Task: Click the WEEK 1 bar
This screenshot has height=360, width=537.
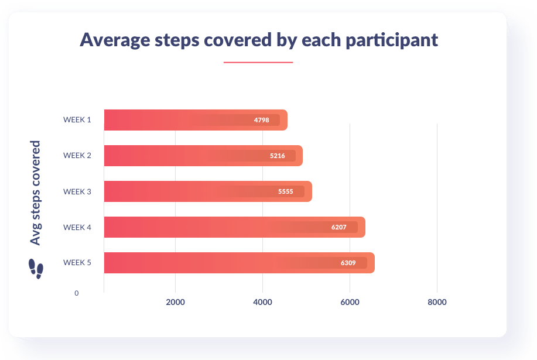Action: [x=196, y=120]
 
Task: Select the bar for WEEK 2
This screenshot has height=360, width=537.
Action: [x=203, y=156]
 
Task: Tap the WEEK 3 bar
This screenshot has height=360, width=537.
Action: [x=208, y=191]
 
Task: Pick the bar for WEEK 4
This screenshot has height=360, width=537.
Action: [x=235, y=227]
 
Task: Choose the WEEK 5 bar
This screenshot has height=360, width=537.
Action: [x=240, y=263]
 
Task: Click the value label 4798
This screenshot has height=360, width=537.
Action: [x=261, y=120]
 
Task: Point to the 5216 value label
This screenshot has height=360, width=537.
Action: [x=278, y=156]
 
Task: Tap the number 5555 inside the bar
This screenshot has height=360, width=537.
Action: [x=286, y=191]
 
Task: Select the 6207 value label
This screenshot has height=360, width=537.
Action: [x=338, y=227]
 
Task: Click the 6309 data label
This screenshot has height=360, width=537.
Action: [x=348, y=263]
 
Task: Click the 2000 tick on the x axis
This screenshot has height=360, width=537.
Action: [x=175, y=302]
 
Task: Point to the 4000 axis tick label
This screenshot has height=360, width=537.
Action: [x=263, y=302]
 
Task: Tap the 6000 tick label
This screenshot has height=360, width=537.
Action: [x=350, y=302]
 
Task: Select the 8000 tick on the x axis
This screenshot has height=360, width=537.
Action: [x=437, y=302]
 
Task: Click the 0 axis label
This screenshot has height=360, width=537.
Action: [x=76, y=293]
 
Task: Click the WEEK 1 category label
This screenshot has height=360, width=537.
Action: [x=77, y=120]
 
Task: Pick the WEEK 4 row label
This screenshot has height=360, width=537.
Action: [x=77, y=227]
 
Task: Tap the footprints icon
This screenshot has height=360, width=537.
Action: [x=36, y=269]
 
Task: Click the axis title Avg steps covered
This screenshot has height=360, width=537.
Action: [x=35, y=193]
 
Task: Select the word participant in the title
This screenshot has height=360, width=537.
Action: [x=392, y=40]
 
